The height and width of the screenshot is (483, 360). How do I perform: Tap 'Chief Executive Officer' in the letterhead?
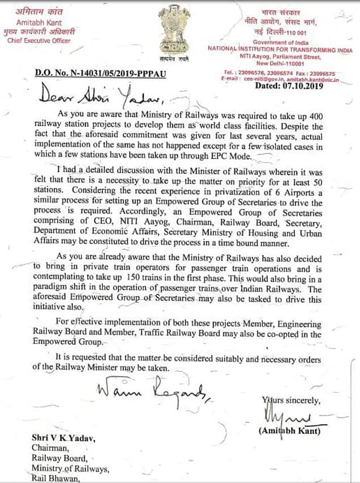39,41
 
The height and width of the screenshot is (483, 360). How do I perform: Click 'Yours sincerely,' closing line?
292,401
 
